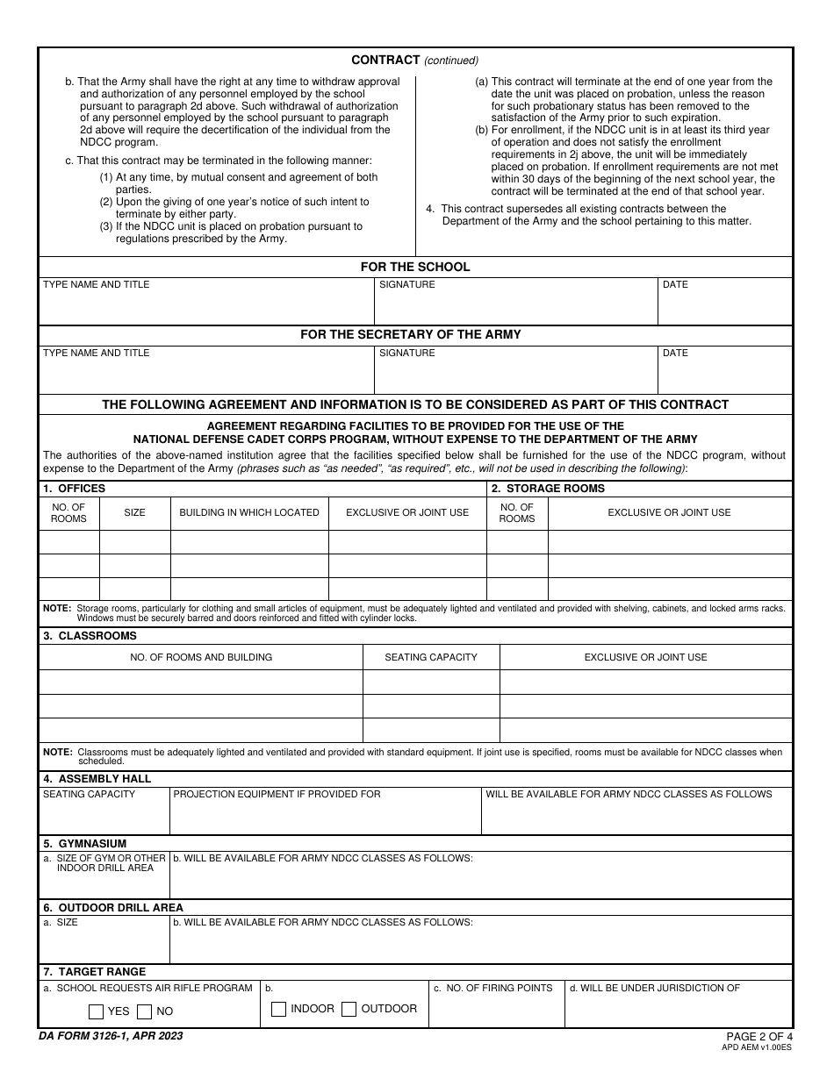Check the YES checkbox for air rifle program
[x=97, y=1011]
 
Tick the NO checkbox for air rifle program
[x=145, y=1011]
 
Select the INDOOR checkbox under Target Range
[x=279, y=1009]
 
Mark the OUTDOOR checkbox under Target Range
[x=349, y=1009]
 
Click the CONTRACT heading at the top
[x=385, y=60]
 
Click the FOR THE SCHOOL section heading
[x=415, y=267]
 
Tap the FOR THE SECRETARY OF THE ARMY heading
[x=411, y=334]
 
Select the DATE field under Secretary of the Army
[x=724, y=374]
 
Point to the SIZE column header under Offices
[x=134, y=512]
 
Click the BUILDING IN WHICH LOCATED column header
[x=249, y=512]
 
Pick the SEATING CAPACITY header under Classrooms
[x=431, y=657]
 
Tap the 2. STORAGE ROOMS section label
[x=548, y=489]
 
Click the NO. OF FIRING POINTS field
[x=496, y=1009]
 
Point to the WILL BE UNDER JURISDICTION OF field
[x=678, y=1009]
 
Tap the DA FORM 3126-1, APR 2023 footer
[x=111, y=1036]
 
